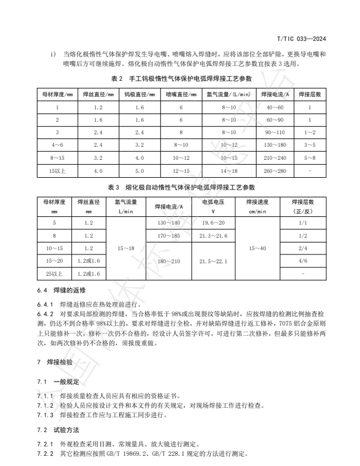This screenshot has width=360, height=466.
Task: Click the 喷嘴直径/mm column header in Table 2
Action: [180, 95]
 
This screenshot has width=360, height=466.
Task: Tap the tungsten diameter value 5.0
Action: [140, 171]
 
